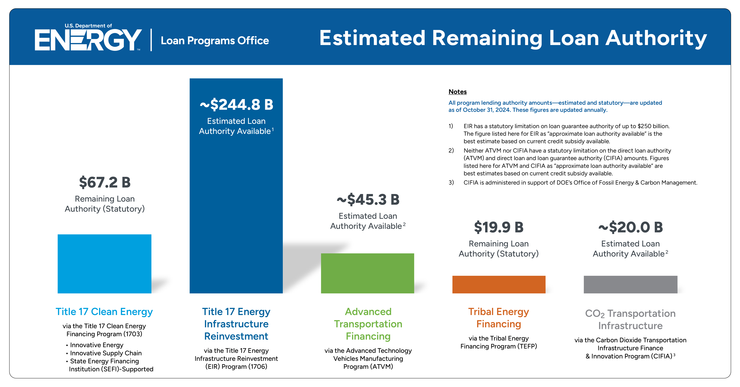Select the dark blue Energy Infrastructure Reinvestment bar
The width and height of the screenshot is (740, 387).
[236, 201]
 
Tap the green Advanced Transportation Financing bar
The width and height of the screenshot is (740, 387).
[367, 273]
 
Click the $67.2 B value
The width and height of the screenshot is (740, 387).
[105, 182]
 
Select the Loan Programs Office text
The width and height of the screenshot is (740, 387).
[215, 41]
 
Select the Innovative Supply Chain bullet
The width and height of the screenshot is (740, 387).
[106, 353]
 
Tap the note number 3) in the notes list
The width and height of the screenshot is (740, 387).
[451, 183]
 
